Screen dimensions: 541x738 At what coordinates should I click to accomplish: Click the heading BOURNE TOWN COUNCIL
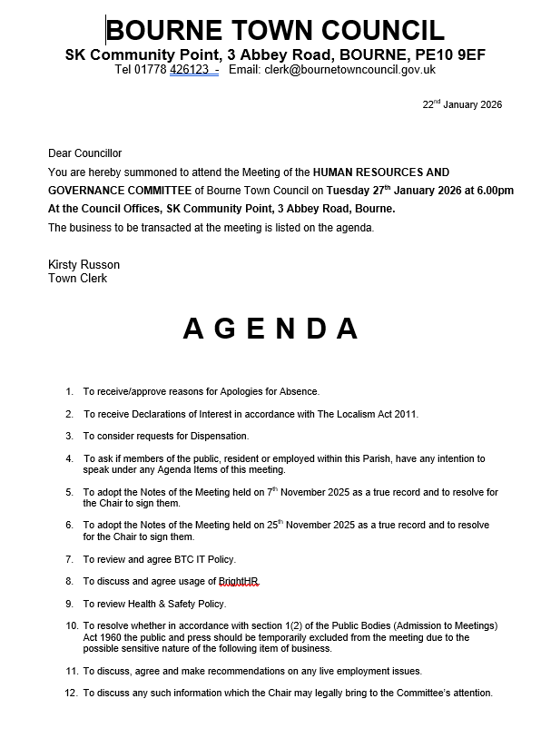(x=276, y=30)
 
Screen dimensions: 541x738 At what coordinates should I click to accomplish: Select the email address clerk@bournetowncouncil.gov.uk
(x=349, y=70)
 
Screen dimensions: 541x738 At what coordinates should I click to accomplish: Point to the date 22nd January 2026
(x=462, y=104)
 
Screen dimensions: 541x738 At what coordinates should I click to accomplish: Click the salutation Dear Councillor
(x=84, y=153)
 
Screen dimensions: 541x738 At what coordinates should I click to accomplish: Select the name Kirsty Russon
(x=84, y=264)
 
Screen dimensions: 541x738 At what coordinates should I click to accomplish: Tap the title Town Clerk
(x=77, y=278)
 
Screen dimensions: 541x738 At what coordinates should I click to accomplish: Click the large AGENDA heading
(x=270, y=329)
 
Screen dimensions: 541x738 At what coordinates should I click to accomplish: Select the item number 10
(x=72, y=626)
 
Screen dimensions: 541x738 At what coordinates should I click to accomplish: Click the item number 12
(x=72, y=693)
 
